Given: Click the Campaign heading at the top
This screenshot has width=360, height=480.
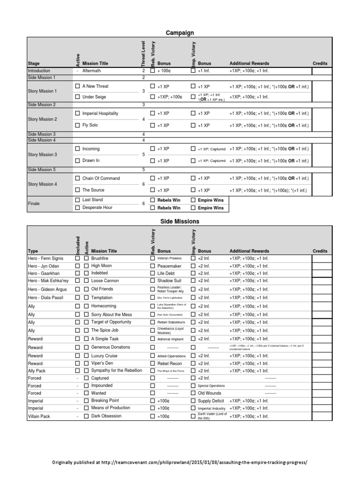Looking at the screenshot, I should pyautogui.click(x=180, y=33).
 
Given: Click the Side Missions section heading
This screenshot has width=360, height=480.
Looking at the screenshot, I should pyautogui.click(x=180, y=221).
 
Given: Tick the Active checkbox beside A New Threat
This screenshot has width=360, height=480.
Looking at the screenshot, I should pyautogui.click(x=78, y=87).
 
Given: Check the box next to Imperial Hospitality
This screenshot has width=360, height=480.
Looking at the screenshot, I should pyautogui.click(x=78, y=114).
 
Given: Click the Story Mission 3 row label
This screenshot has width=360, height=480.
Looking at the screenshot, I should pyautogui.click(x=42, y=155).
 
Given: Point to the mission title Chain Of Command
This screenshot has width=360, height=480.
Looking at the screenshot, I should pyautogui.click(x=101, y=179).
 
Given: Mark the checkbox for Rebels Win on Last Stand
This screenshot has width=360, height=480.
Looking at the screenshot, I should pyautogui.click(x=152, y=200).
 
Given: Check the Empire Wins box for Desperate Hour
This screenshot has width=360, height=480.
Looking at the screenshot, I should pyautogui.click(x=193, y=208).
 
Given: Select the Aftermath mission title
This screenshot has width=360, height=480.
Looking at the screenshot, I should pyautogui.click(x=91, y=71).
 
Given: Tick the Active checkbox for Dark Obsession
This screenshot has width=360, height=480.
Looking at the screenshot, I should pyautogui.click(x=86, y=416).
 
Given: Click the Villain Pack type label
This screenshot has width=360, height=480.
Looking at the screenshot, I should pyautogui.click(x=41, y=416).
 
